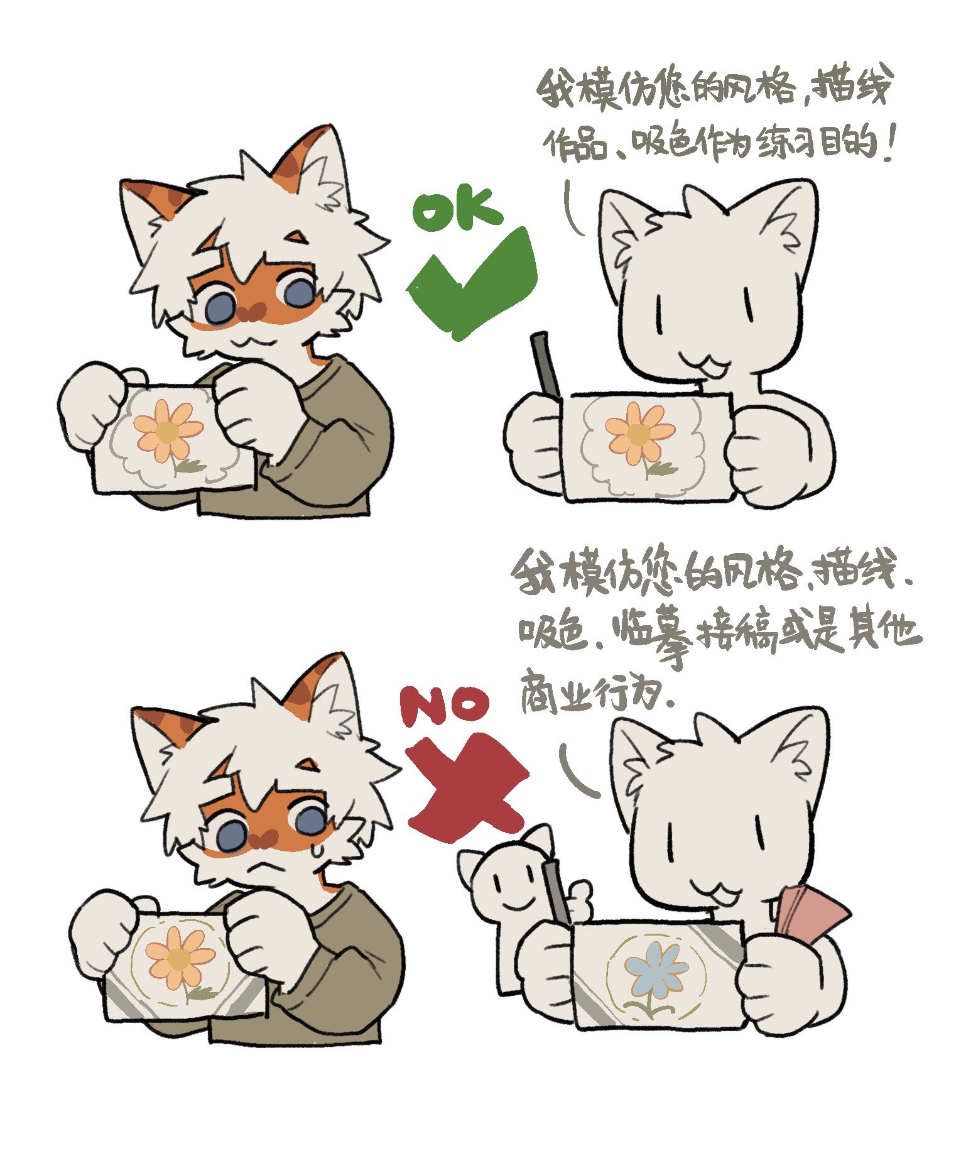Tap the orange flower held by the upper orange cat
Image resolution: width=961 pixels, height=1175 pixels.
(166, 430)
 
